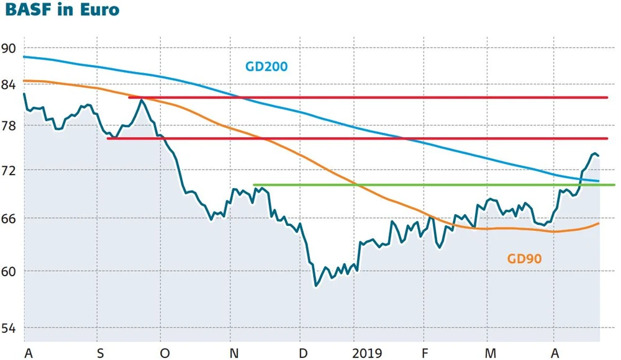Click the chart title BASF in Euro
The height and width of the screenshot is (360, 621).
click(62, 11)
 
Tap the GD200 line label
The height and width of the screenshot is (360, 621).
click(266, 66)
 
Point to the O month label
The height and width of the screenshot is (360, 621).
click(164, 353)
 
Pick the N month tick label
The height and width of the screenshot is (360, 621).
click(235, 353)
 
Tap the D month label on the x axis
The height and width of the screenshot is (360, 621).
click(302, 353)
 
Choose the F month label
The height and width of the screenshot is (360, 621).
click(425, 353)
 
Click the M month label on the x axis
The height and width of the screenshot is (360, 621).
click(491, 353)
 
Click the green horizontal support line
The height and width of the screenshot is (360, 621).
click(435, 185)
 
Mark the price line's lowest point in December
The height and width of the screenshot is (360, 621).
click(315, 286)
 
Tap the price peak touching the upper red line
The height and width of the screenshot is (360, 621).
click(142, 100)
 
